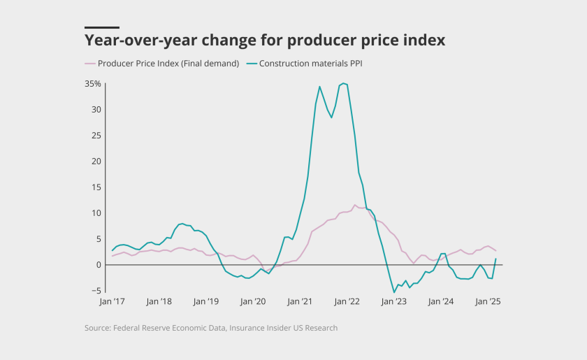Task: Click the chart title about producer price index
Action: pos(264,40)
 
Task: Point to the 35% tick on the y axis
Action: pos(93,84)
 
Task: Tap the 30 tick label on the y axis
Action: pos(96,110)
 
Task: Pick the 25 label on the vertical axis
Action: pos(96,136)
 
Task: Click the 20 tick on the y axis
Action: pos(96,161)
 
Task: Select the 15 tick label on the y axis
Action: pos(96,187)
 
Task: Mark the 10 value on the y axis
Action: pos(96,213)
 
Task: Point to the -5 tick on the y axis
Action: pos(97,291)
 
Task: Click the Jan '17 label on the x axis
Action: pos(112,302)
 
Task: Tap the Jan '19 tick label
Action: pos(205,302)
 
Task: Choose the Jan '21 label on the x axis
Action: pos(300,302)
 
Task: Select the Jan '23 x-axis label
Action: pos(393,302)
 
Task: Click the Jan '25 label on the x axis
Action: pos(487,302)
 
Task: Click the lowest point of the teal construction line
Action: pos(394,291)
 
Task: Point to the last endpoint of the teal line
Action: pos(496,259)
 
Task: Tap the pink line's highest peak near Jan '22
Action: pos(355,205)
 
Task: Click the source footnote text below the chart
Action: pos(211,328)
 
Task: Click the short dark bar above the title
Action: pos(102,27)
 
